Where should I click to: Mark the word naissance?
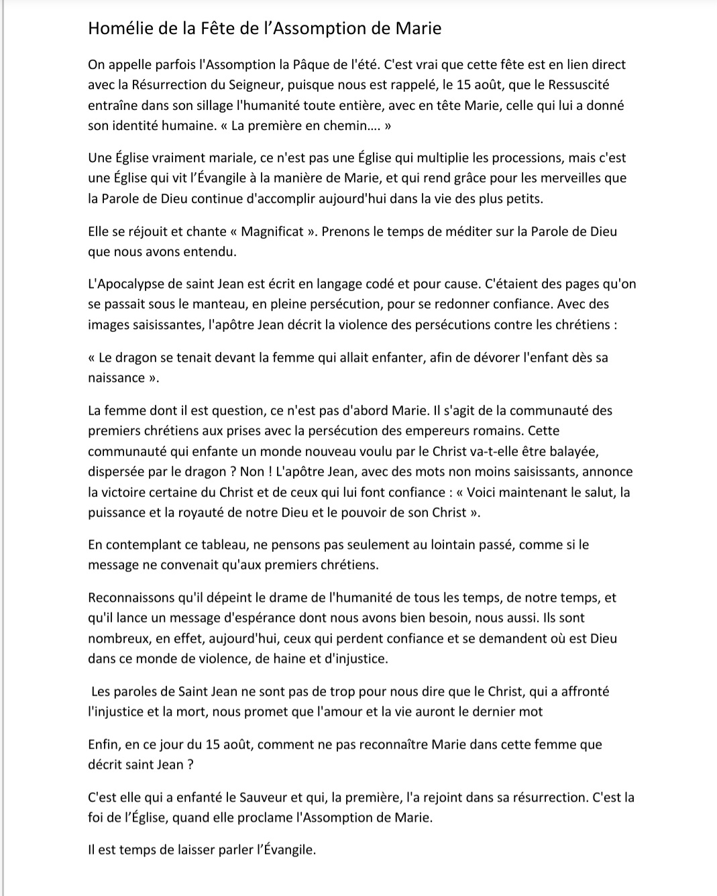[116, 378]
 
